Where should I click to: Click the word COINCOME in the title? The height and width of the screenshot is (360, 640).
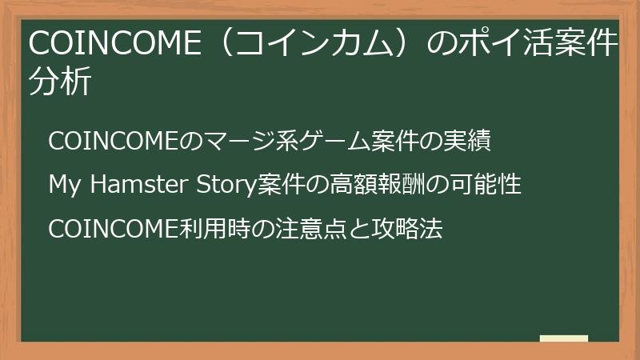[x=115, y=43]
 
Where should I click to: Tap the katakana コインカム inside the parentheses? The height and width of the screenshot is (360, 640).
[x=313, y=43]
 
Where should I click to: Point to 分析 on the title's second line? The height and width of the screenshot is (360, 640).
[x=59, y=81]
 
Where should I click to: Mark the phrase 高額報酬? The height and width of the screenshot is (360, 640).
[x=376, y=184]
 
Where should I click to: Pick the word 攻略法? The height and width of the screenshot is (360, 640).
[x=407, y=228]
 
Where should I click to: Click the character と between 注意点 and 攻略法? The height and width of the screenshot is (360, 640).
[x=359, y=229]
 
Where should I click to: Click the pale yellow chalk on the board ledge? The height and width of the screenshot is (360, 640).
[x=564, y=338]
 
